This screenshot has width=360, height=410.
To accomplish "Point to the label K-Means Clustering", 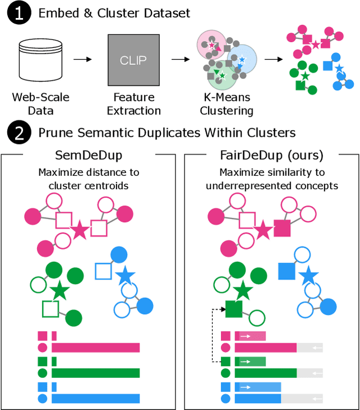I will (x=227, y=104).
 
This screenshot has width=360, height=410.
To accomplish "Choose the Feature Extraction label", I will (x=133, y=104).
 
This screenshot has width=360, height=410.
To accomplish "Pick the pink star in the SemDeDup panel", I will (x=79, y=229).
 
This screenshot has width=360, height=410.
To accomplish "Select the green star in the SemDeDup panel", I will (x=58, y=291).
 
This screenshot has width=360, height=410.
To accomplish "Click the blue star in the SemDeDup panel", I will (x=125, y=276).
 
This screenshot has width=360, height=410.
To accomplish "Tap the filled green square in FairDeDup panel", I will (x=233, y=308).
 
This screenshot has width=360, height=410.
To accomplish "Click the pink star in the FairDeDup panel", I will (x=262, y=230).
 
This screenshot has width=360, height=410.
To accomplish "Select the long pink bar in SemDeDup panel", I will (x=95, y=347).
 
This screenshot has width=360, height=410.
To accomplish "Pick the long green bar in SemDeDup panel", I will (x=95, y=372).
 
